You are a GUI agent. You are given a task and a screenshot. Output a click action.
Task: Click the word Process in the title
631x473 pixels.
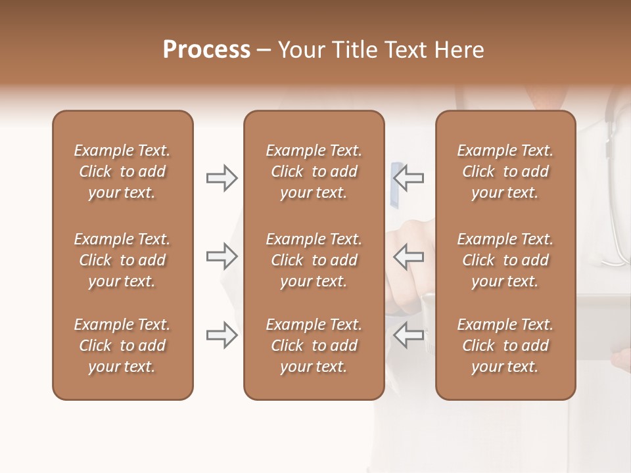[x=206, y=50]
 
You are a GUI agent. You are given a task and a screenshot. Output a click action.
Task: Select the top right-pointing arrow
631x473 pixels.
[x=222, y=177]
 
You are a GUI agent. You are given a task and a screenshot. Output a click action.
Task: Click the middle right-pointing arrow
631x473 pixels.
[x=222, y=256]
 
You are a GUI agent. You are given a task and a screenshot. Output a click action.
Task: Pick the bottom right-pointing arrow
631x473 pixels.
[x=222, y=335]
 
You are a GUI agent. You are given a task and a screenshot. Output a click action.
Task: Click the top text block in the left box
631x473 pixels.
[x=122, y=171]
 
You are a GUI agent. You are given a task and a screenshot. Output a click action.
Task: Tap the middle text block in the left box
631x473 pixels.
[x=122, y=260]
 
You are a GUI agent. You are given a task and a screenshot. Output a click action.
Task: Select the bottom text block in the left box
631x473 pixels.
[x=122, y=346]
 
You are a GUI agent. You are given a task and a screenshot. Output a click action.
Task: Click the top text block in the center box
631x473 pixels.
[x=314, y=171]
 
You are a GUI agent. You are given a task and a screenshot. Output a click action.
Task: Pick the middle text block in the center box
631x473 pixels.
[x=314, y=260]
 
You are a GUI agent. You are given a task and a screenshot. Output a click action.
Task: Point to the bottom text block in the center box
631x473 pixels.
[x=314, y=346]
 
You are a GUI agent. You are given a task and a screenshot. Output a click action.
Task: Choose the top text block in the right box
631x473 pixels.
[x=505, y=171]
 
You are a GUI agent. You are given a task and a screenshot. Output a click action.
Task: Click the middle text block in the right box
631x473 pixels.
[x=505, y=260]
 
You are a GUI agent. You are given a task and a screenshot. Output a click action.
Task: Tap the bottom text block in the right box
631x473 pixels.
[x=505, y=346]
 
